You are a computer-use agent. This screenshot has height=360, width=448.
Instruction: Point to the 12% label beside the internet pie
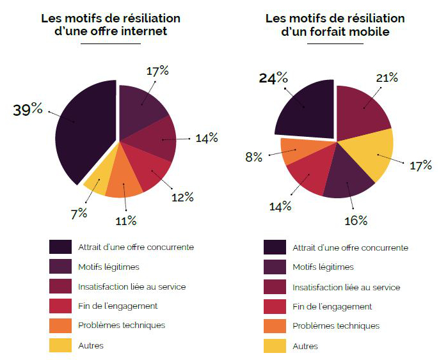point(182,197)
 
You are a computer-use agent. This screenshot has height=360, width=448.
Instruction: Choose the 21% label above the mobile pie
point(386,77)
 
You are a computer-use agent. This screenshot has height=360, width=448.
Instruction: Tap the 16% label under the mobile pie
point(355,221)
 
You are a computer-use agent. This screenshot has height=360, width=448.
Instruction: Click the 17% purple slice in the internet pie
point(141,109)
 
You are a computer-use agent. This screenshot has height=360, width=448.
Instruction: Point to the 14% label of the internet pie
point(206,137)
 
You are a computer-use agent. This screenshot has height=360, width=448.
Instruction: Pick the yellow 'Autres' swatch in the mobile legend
point(275,346)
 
